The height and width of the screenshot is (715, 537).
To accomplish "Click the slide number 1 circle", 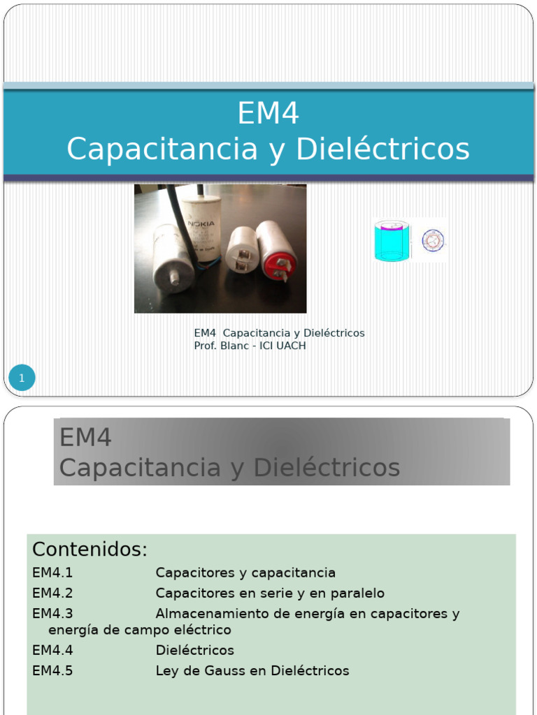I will pos(22,378).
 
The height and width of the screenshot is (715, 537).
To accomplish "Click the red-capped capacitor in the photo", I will pos(276,250).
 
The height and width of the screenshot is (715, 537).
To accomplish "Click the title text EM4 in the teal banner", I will pos(268,114).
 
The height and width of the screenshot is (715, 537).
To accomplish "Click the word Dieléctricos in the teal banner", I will pos(382,149).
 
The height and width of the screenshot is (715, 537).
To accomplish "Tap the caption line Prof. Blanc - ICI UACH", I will pos(250,346).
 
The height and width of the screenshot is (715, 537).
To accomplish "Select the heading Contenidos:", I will pos(89,550).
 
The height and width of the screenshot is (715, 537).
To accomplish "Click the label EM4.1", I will pos(52,573).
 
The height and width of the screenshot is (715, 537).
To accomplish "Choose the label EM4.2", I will pos(52,594).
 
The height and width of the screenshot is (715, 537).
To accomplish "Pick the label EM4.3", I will pos(52,614).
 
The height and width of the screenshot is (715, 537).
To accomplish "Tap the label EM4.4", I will pos(52,650).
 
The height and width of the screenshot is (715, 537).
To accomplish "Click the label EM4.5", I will pos(52,671).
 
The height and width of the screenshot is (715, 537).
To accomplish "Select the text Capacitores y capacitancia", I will pos(245,573).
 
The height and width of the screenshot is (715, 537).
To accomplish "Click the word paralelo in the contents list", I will pos(357,594).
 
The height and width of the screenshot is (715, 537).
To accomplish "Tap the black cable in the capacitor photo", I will pos(180,223).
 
